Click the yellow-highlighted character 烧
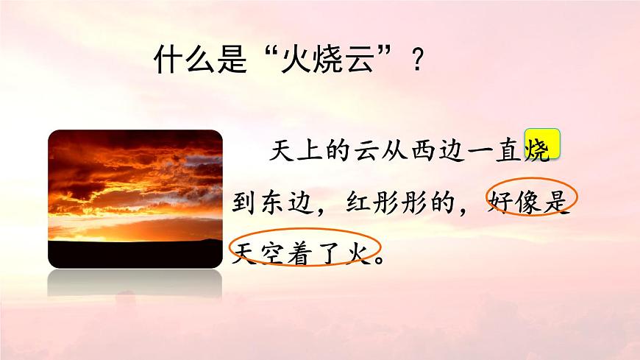(x=541, y=147)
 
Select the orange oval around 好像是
(x=529, y=198)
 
